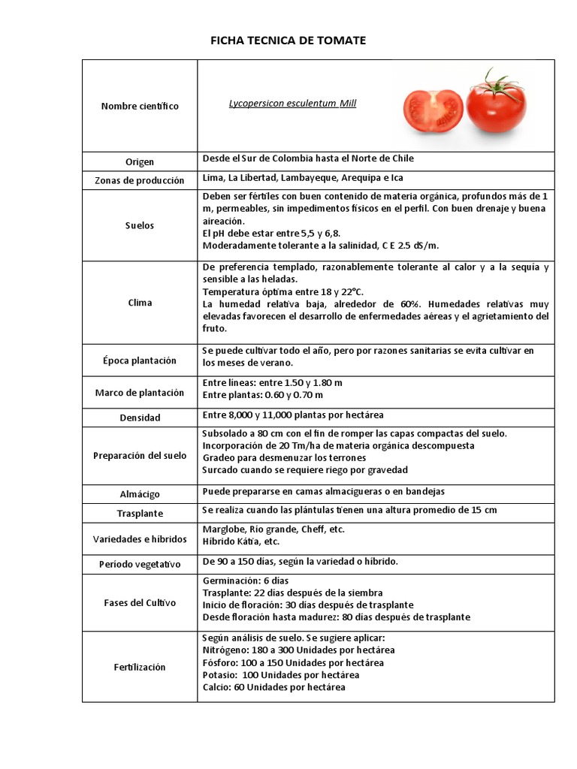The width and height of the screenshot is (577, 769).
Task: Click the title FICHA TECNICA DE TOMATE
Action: tap(288, 41)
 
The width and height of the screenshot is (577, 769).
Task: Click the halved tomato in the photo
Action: tap(433, 110)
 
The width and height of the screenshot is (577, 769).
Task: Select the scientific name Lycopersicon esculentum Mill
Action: tap(292, 104)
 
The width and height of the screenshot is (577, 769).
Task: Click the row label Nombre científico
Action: tap(140, 107)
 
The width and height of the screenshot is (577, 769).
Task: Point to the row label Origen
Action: tap(140, 162)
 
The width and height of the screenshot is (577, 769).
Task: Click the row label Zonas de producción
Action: tap(140, 181)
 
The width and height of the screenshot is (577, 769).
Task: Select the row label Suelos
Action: tap(140, 225)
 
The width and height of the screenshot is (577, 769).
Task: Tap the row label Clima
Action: tap(140, 303)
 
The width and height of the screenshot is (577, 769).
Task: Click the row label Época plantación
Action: tap(140, 360)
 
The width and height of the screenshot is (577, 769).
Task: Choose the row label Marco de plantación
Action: tap(140, 393)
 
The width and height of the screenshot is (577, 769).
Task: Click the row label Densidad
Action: tap(140, 418)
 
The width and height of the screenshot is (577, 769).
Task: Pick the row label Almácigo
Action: tap(140, 494)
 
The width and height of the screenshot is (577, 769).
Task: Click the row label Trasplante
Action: tap(140, 514)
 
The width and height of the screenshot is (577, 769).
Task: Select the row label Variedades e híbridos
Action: tap(140, 540)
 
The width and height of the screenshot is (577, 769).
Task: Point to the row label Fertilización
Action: tap(140, 667)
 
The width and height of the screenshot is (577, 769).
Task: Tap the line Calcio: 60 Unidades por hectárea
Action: tap(274, 687)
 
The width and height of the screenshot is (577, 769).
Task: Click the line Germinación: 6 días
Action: tap(246, 581)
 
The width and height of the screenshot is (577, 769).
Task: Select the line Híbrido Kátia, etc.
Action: tap(241, 541)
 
